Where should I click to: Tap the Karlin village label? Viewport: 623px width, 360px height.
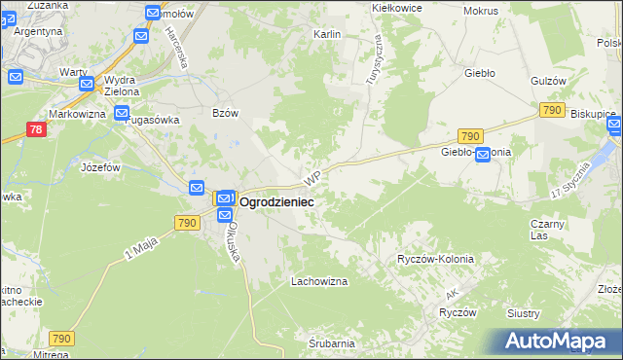point(326,34)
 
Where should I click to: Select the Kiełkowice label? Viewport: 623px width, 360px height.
point(397,7)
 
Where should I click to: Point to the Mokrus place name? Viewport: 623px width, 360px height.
point(481,11)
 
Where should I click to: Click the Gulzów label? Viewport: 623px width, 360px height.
point(549,81)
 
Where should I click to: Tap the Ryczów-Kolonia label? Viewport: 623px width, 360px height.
point(435,260)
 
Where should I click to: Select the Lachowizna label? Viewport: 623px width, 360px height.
point(319,282)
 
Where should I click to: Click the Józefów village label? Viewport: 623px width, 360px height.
point(100,167)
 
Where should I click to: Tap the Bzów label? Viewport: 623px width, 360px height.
point(226,113)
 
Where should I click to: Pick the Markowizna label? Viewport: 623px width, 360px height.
point(77,115)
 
